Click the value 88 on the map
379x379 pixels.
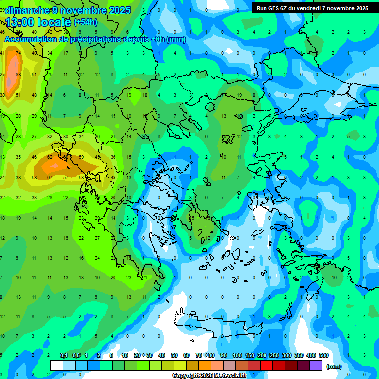tap(18, 74)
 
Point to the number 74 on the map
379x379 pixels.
tap(18, 53)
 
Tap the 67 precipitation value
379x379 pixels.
tap(50, 177)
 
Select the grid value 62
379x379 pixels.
tap(50, 157)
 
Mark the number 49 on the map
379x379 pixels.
tap(113, 177)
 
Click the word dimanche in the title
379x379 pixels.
tap(28, 10)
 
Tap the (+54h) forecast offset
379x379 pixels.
tap(85, 22)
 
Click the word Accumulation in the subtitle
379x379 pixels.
tap(32, 39)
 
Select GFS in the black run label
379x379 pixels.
tap(277, 8)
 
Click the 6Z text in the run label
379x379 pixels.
tap(289, 8)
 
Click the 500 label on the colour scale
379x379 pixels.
tap(324, 356)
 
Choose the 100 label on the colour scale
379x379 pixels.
tap(237, 356)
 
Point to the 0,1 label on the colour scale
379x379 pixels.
tap(64, 356)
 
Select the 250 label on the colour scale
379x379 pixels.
tap(274, 356)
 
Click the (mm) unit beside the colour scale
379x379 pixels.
tap(334, 366)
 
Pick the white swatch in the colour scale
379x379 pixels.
tap(57, 365)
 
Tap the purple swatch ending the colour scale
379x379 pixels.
tap(316, 365)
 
